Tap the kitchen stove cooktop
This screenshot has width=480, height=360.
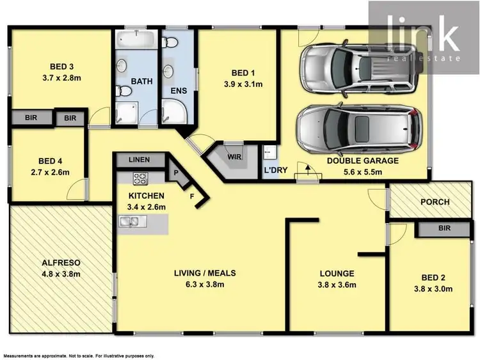click(x=140, y=178)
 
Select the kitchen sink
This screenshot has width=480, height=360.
click(x=130, y=222)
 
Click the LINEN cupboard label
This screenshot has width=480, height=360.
click(x=138, y=160)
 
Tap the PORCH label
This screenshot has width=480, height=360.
click(x=435, y=202)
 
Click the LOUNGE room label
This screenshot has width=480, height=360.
click(x=337, y=274)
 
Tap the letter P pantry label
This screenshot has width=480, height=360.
click(x=175, y=173)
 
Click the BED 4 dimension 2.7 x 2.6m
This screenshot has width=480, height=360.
click(x=54, y=172)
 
